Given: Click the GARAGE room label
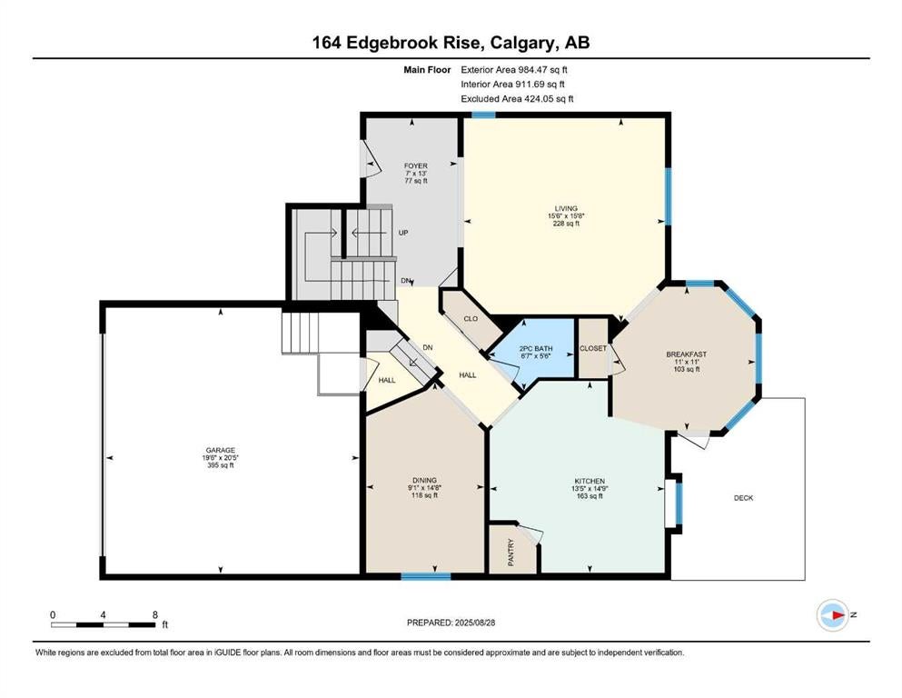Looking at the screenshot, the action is [x=221, y=450].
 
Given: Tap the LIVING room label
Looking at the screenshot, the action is [x=566, y=208].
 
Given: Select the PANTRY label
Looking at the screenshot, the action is [x=511, y=553].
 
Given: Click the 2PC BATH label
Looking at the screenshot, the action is [x=536, y=348].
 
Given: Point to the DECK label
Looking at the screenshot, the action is [x=743, y=498].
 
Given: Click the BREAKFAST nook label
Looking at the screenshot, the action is [x=687, y=354].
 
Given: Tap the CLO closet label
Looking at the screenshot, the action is [x=471, y=318].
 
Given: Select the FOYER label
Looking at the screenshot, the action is [x=415, y=165].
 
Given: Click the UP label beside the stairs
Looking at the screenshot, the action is [x=403, y=233].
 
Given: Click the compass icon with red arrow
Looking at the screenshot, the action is [x=832, y=615].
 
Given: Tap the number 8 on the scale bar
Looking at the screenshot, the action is [x=154, y=614].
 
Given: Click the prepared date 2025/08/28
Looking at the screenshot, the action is [x=474, y=622].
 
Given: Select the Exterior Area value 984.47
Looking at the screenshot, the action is [x=534, y=70].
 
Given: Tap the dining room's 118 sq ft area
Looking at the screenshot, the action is [x=424, y=495].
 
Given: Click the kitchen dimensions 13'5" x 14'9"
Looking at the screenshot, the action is [x=590, y=489].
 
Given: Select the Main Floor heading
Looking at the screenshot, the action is [x=427, y=70].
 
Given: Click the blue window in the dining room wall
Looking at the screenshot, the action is [x=426, y=576].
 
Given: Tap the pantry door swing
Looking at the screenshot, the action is [x=530, y=533].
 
